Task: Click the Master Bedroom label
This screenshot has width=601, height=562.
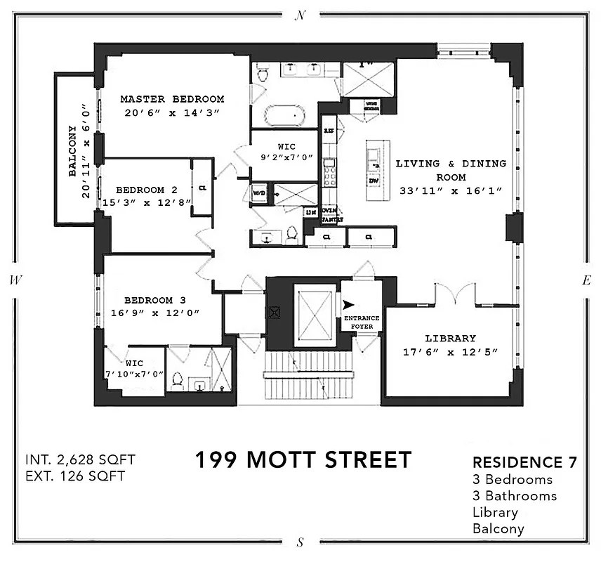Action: (x=172, y=99)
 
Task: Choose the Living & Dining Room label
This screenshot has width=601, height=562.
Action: (x=451, y=169)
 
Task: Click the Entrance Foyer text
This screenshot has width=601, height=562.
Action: (x=362, y=322)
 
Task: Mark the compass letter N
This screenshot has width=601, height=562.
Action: (x=300, y=15)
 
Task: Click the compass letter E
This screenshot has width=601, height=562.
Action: (x=586, y=280)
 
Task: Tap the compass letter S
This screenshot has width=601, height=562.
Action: (x=300, y=542)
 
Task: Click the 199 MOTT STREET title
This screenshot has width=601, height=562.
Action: (x=303, y=460)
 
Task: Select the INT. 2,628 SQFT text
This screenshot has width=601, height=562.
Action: (x=79, y=460)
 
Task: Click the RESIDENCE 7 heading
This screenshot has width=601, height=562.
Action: (x=524, y=462)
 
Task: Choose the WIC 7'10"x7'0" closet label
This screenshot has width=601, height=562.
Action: (x=134, y=368)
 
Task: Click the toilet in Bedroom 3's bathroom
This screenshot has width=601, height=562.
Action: (x=177, y=381)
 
